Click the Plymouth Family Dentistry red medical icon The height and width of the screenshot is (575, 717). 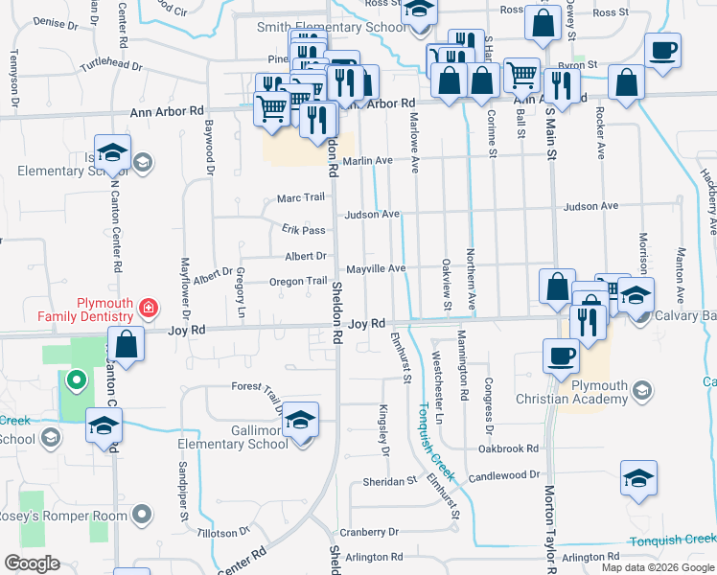coord(148,308)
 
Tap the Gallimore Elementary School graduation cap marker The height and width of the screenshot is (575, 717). coord(301,421)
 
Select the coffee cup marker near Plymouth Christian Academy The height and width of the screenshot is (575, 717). coord(561,356)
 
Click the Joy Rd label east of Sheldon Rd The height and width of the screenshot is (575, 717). coord(366,324)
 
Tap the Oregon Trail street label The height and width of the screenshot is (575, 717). coord(298,281)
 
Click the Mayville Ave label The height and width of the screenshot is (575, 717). coord(377,269)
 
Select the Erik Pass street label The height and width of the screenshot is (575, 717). coord(304,230)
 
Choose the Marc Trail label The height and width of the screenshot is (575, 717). coord(301,197)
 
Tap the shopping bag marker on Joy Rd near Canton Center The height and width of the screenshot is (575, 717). coord(126,341)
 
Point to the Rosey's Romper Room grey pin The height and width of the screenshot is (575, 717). coord(143,515)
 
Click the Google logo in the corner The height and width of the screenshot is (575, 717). coord(32,563)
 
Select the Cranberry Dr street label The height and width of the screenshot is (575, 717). coord(368,531)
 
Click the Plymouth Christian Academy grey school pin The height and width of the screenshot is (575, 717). coord(641,389)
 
